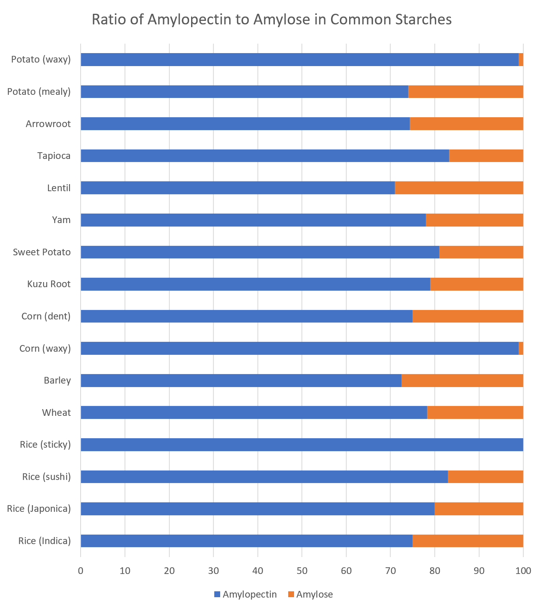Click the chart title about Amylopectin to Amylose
271,19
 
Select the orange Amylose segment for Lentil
459,188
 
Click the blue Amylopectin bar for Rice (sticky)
302,445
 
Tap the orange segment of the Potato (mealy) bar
466,92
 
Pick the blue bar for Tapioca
265,156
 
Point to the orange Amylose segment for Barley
462,380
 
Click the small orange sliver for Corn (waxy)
521,348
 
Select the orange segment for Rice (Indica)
467,541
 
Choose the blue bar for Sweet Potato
260,252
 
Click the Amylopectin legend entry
245,594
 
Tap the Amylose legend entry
310,594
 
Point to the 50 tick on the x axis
302,570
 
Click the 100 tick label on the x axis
523,570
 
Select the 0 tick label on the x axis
81,570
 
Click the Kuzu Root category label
49,284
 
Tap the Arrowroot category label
48,124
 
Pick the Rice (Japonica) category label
39,509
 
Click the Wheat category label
56,412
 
